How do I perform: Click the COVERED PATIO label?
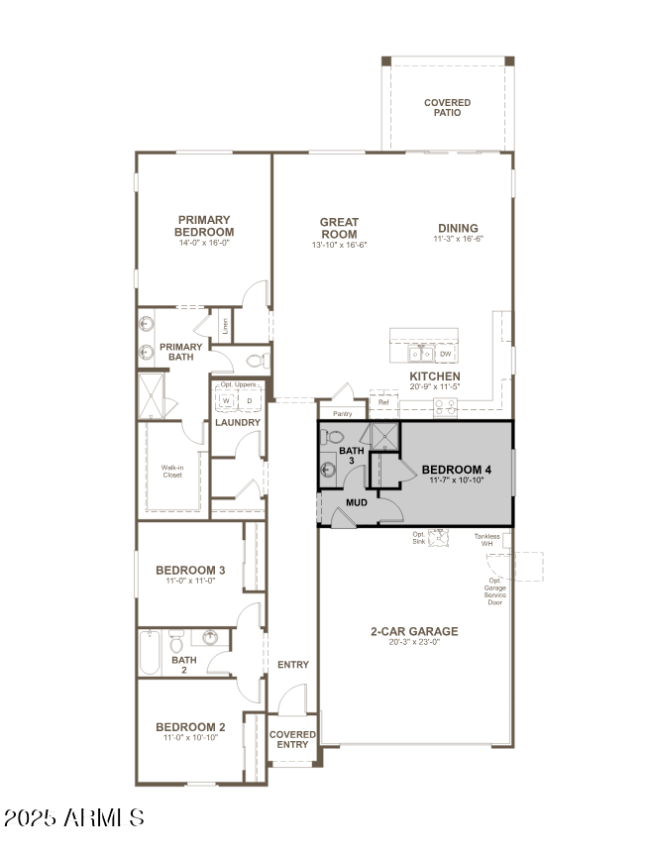[447, 107]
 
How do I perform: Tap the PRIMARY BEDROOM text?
[205, 226]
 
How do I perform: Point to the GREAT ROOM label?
[339, 228]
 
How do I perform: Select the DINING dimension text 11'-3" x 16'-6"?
[457, 239]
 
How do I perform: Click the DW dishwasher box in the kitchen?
[446, 354]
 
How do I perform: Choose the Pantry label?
[342, 413]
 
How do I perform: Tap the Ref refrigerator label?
[383, 402]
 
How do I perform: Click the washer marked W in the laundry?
[226, 400]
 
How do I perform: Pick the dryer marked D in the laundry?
[249, 400]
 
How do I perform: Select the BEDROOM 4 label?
[456, 469]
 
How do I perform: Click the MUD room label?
[356, 502]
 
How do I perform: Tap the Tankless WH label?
[486, 540]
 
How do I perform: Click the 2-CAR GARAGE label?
[414, 631]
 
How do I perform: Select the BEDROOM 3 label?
[190, 570]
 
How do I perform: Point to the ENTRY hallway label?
[292, 665]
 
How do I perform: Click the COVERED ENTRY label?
[292, 740]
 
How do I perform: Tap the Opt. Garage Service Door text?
[494, 591]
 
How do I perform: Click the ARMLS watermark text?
[74, 817]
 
